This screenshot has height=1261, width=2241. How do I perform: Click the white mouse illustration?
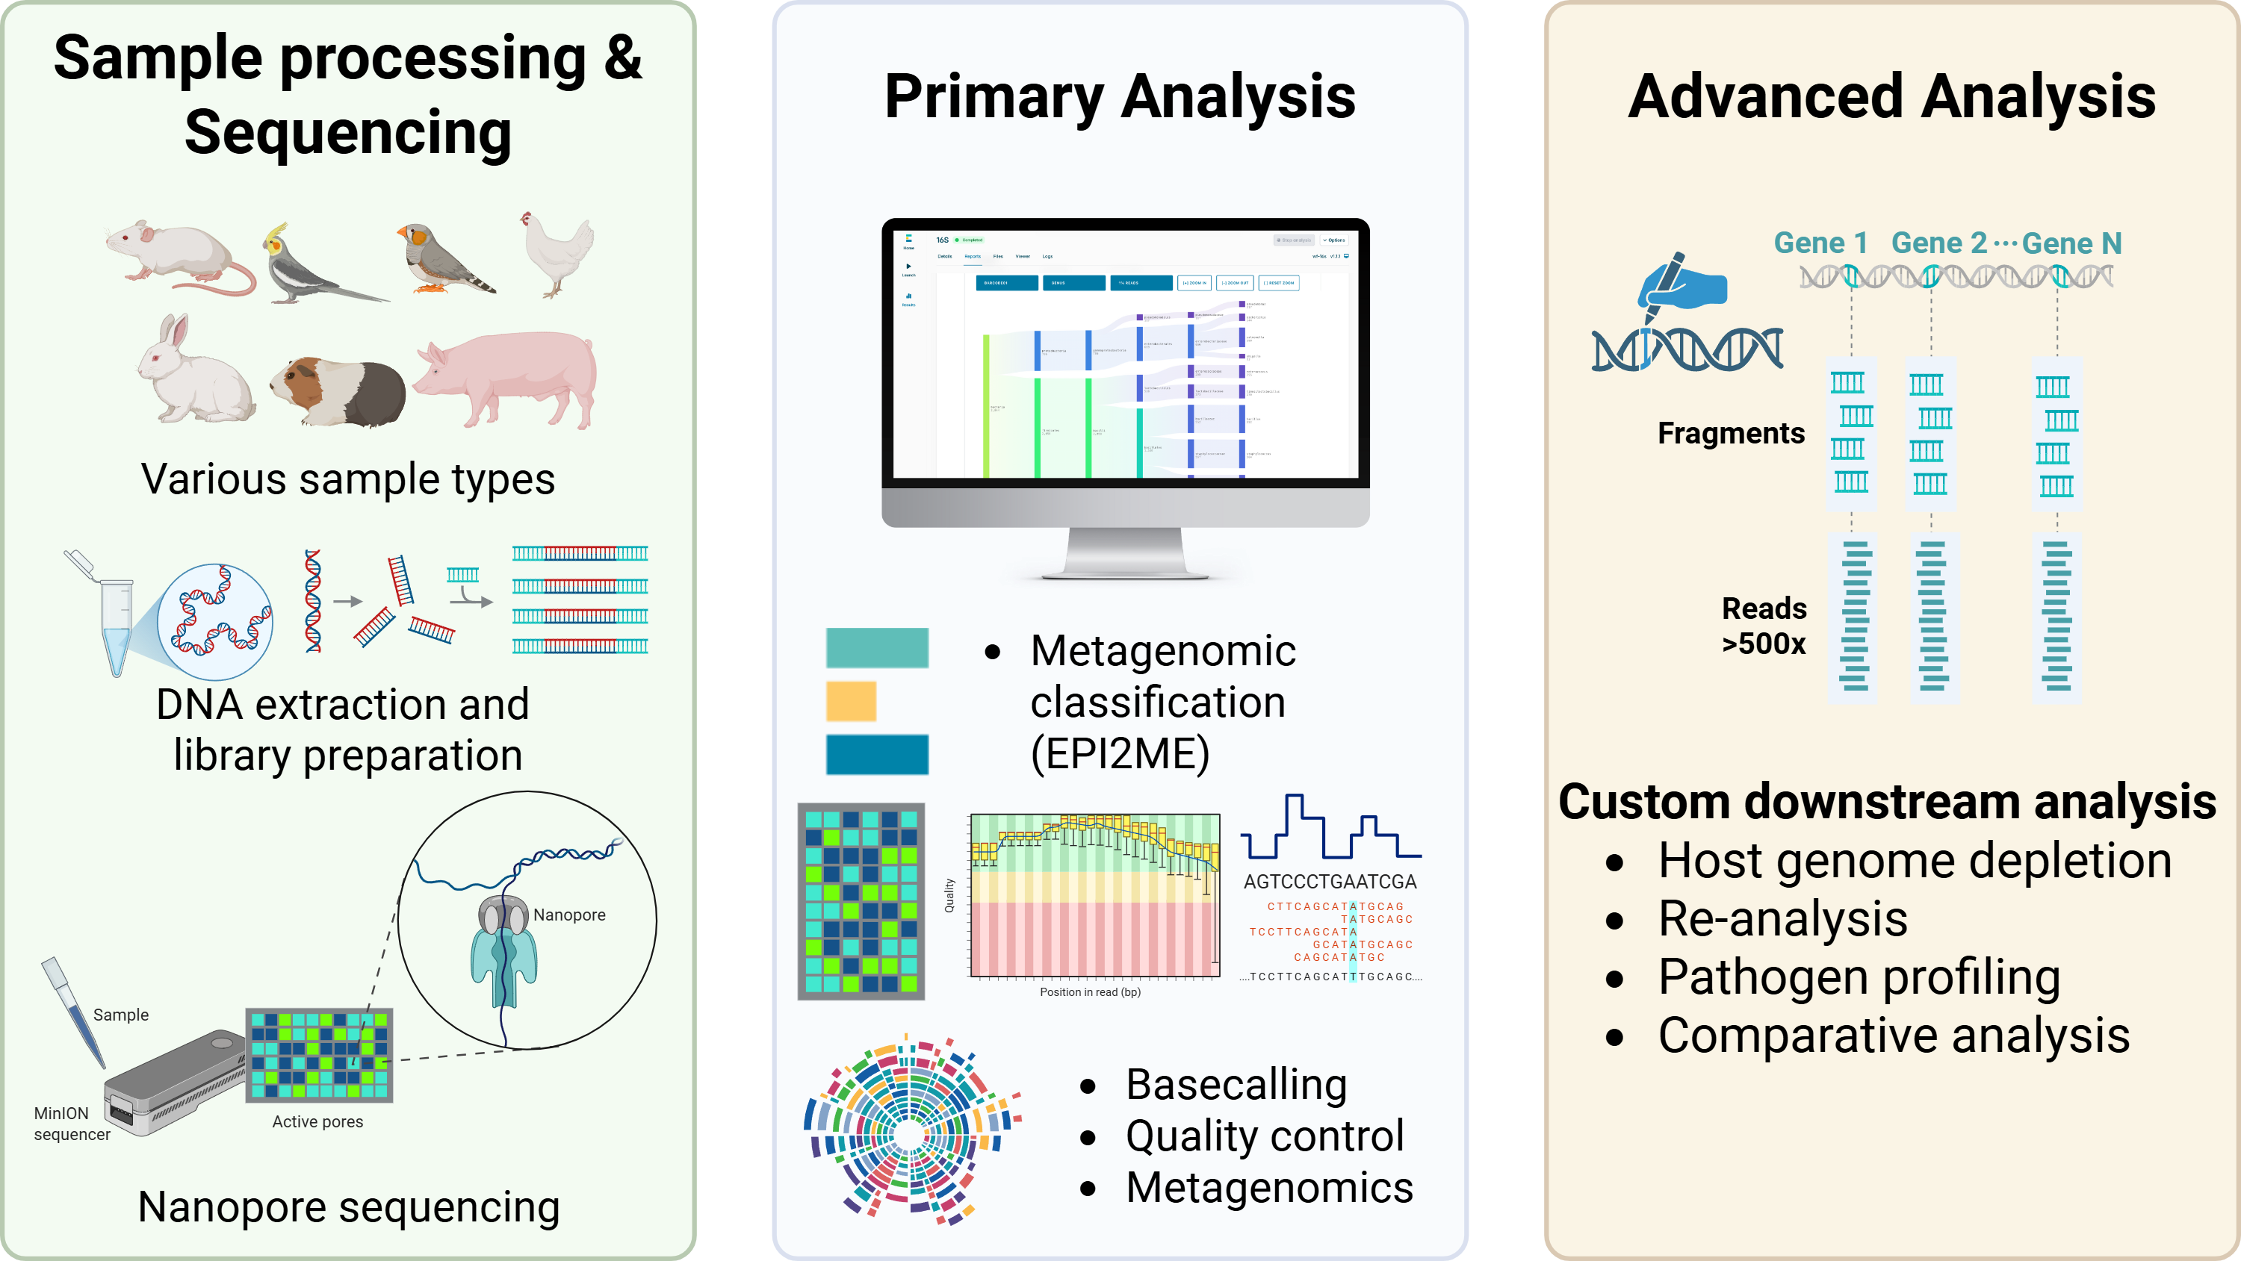point(174,257)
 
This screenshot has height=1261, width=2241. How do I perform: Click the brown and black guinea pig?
point(339,391)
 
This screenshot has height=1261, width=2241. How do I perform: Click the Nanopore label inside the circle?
point(569,915)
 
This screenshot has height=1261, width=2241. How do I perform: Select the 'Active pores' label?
point(317,1122)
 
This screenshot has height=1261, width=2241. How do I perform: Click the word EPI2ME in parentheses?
point(1120,753)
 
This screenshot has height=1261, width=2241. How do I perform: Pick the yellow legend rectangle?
point(850,701)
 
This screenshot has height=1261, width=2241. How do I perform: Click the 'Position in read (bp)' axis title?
point(1090,992)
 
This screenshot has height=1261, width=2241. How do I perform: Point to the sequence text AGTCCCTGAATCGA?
point(1330,882)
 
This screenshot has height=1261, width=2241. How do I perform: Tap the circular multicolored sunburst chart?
point(909,1130)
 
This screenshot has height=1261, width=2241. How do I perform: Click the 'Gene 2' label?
point(1939,243)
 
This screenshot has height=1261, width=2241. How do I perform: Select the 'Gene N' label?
point(2071,243)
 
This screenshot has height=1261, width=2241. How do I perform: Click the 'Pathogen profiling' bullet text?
point(1859,977)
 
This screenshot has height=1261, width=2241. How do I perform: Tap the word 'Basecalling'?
point(1236,1085)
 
